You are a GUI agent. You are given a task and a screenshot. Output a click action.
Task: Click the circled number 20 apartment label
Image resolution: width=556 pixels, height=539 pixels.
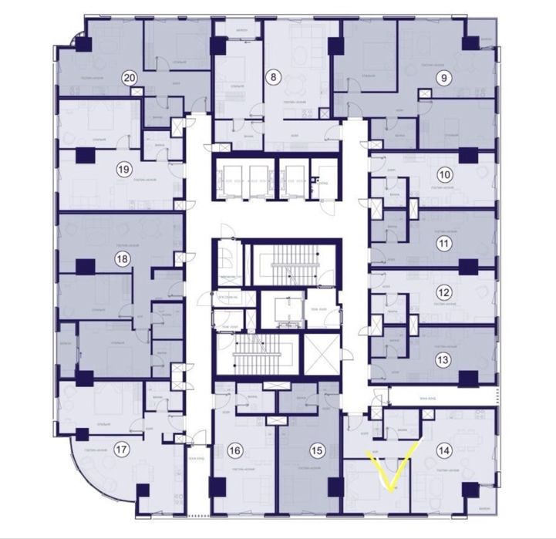(130, 77)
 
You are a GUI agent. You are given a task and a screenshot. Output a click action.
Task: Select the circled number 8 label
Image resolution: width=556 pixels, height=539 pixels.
(272, 76)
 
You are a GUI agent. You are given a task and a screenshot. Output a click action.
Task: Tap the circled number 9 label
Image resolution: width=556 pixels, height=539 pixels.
(442, 76)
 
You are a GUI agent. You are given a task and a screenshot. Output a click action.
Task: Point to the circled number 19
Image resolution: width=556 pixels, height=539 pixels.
(123, 169)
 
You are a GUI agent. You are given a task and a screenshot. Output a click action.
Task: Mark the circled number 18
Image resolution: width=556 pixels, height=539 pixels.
(121, 260)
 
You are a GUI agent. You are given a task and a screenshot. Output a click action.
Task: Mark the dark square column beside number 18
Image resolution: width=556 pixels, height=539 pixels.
(85, 266)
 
